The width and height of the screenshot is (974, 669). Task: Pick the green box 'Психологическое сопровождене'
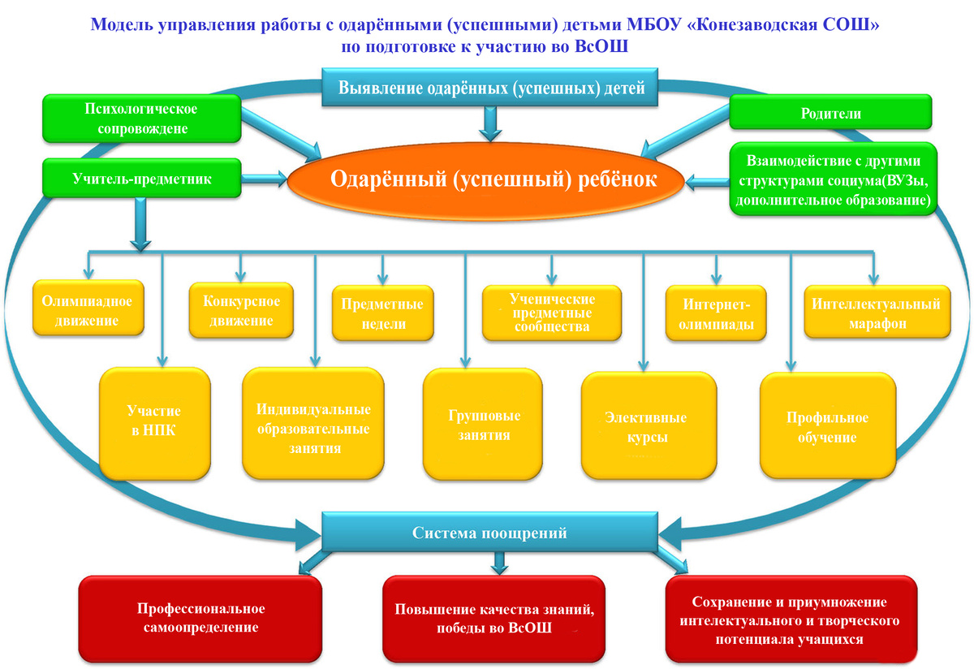click(141, 118)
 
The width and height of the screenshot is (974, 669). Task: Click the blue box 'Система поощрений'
click(489, 533)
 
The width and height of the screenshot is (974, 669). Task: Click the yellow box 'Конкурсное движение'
click(241, 311)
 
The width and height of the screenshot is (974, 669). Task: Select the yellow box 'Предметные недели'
click(381, 314)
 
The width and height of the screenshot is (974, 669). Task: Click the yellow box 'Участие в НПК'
click(154, 421)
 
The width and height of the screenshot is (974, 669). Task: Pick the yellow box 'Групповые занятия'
click(484, 425)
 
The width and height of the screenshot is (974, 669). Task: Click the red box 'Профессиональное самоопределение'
click(201, 617)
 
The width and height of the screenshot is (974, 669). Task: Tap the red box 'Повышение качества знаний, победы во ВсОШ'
click(494, 618)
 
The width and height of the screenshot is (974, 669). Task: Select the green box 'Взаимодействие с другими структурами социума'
click(831, 179)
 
